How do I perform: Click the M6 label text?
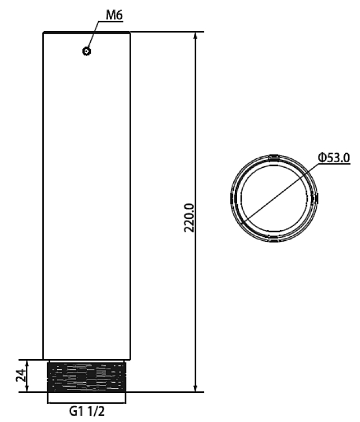114,15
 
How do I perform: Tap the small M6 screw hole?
86,51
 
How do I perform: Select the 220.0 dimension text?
190,218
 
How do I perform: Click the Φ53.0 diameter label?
334,158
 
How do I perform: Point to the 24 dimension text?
21,375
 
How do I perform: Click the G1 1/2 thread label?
87,411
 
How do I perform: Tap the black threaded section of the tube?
86,377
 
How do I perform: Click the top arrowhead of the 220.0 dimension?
196,35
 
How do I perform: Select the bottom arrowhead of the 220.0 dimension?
196,388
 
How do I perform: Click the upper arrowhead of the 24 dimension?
26,363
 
